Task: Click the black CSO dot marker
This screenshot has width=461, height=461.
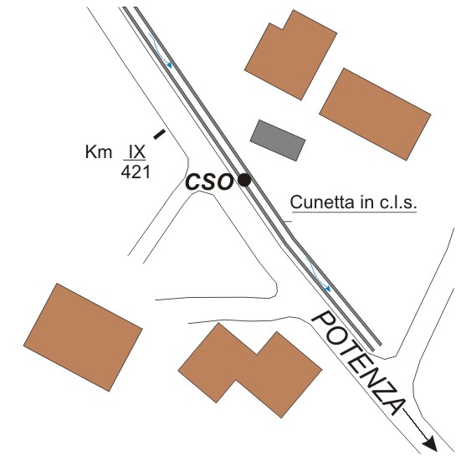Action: [244, 180]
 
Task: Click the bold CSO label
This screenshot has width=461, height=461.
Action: [208, 182]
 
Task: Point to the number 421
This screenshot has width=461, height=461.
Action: [136, 172]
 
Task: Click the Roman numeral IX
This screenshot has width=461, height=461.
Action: [136, 152]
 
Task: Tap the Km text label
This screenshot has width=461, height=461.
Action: [99, 152]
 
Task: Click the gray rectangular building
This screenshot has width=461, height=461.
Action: [278, 141]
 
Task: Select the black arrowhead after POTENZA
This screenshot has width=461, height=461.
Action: [430, 443]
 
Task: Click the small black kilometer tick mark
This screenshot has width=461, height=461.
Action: [159, 134]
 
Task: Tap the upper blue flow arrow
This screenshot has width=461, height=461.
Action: [161, 50]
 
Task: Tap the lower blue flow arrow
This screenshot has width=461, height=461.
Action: [319, 275]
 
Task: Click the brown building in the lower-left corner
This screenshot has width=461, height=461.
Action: [83, 337]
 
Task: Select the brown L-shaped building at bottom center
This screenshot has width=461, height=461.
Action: [250, 370]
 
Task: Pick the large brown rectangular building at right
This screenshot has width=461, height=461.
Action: [375, 115]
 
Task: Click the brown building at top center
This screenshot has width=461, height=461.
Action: [291, 55]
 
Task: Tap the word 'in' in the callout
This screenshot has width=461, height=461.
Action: [366, 202]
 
